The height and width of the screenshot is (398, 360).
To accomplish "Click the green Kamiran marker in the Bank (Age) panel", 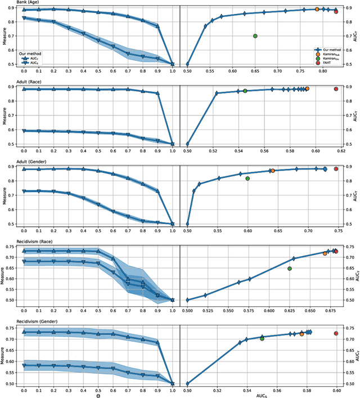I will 255,36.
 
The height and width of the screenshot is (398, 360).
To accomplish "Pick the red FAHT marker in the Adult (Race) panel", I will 336,89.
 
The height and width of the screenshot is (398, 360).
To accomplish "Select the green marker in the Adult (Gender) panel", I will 247,178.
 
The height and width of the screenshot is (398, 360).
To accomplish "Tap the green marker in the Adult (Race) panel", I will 245,91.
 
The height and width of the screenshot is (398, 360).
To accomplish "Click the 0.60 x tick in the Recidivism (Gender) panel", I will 336,388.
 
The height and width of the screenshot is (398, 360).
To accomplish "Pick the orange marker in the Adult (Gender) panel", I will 272,171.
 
